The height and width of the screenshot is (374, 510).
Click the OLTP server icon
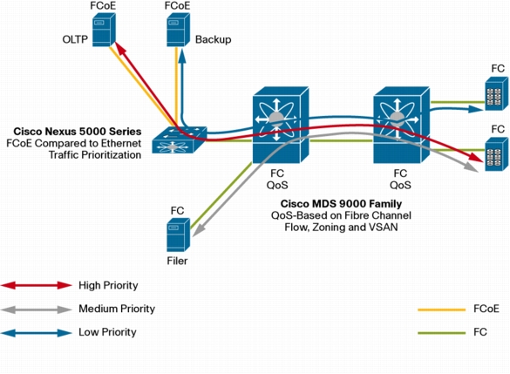click(104, 30)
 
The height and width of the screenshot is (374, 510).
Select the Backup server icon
click(178, 30)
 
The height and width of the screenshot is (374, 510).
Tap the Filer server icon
click(178, 235)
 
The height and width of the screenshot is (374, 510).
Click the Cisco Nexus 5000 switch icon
click(180, 140)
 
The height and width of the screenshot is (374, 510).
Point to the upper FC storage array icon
click(497, 93)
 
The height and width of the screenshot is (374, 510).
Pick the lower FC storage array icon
click(497, 154)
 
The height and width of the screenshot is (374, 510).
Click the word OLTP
click(75, 39)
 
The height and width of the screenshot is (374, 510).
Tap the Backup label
click(213, 39)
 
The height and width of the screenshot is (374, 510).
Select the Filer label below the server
click(177, 261)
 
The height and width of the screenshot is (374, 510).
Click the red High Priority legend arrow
click(36, 286)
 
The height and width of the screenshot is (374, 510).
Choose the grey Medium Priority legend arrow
click(36, 309)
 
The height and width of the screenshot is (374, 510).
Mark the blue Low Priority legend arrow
click(36, 333)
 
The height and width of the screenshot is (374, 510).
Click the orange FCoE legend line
click(442, 309)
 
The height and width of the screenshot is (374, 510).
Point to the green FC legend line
click(442, 333)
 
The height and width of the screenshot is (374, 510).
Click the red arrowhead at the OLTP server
click(120, 49)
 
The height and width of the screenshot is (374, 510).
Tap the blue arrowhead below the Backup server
click(182, 56)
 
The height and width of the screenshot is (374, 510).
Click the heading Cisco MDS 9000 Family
click(341, 204)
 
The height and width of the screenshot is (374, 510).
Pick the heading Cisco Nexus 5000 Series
click(78, 132)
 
